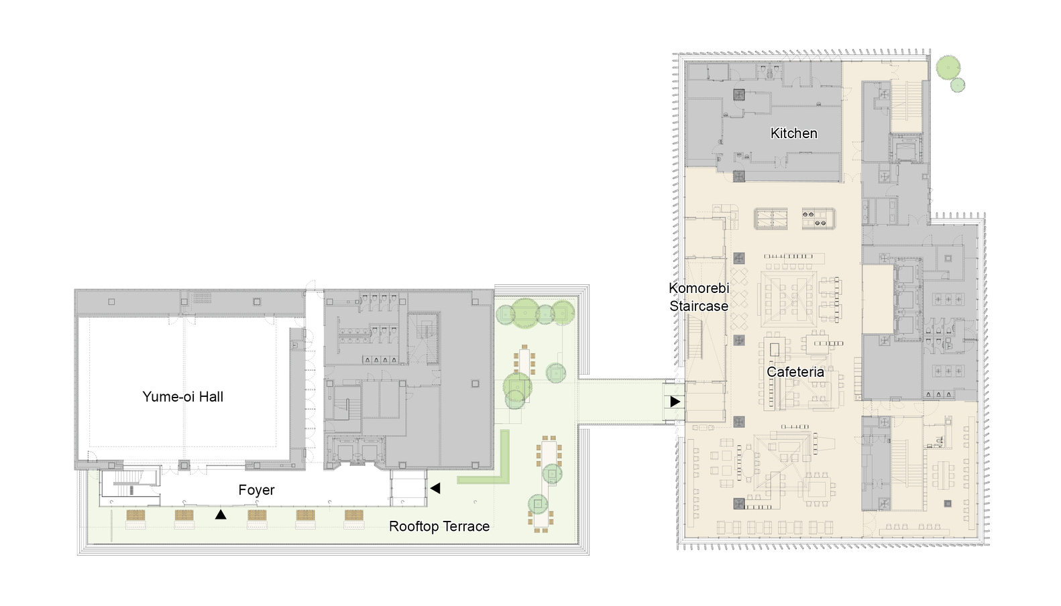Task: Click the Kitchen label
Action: (794, 133)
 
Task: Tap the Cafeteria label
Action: (795, 372)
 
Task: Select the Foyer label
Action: (256, 490)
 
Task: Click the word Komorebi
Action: (699, 288)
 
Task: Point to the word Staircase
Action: (699, 306)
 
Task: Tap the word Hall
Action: (211, 397)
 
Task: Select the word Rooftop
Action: (414, 526)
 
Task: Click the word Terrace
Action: (466, 526)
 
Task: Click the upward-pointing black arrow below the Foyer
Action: (220, 514)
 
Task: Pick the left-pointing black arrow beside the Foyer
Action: (435, 488)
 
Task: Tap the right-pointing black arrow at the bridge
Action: (675, 402)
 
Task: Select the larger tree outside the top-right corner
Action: (948, 68)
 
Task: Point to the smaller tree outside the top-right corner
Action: (958, 85)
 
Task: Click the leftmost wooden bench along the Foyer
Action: (135, 515)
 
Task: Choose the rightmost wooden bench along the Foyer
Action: (354, 515)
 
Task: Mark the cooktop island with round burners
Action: (818, 219)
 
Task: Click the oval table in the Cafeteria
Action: (748, 463)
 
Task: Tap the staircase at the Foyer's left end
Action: (129, 483)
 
